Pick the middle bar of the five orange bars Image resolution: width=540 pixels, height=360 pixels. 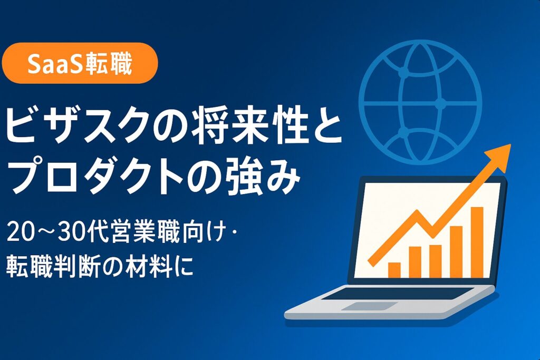click(x=436, y=260)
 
